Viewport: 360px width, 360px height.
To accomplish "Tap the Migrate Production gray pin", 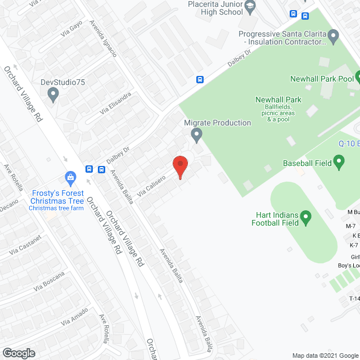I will click(196, 134).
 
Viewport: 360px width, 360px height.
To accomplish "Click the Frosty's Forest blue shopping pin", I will click(71, 179).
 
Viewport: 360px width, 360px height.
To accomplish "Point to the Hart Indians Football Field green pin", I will click(305, 217).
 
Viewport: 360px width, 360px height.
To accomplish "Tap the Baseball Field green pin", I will click(339, 163).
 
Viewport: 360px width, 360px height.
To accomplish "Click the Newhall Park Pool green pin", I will click(358, 79).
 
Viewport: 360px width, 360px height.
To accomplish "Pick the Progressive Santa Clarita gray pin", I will click(334, 38).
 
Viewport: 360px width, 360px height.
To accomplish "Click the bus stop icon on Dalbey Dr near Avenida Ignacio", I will click(200, 79).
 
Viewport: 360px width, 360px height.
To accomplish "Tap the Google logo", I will click(18, 353).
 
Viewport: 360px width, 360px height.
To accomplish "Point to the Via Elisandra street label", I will click(115, 103).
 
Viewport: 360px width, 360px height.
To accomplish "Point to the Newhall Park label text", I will click(278, 100).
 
